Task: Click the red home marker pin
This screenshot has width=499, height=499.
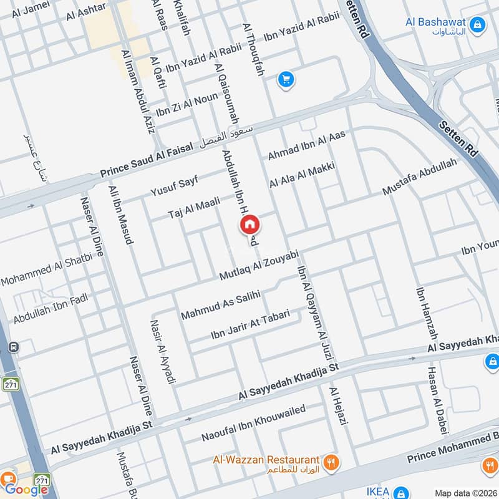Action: tap(249, 224)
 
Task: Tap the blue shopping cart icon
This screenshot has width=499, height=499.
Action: tap(286, 79)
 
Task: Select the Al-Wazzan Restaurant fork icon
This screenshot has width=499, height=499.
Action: tap(332, 462)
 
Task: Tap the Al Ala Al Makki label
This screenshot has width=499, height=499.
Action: tap(303, 175)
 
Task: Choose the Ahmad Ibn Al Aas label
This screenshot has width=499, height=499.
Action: tap(306, 145)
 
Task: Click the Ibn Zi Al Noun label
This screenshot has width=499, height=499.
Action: tap(187, 104)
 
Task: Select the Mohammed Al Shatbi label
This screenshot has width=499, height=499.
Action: tap(46, 270)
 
